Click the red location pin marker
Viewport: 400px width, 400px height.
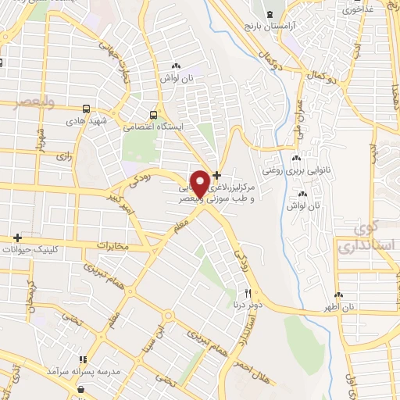click(201, 183)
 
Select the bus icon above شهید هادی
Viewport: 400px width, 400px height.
click(87, 110)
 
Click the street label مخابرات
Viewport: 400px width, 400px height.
click(110, 245)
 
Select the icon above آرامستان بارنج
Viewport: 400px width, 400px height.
click(270, 15)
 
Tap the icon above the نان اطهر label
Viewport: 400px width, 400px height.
click(339, 295)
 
